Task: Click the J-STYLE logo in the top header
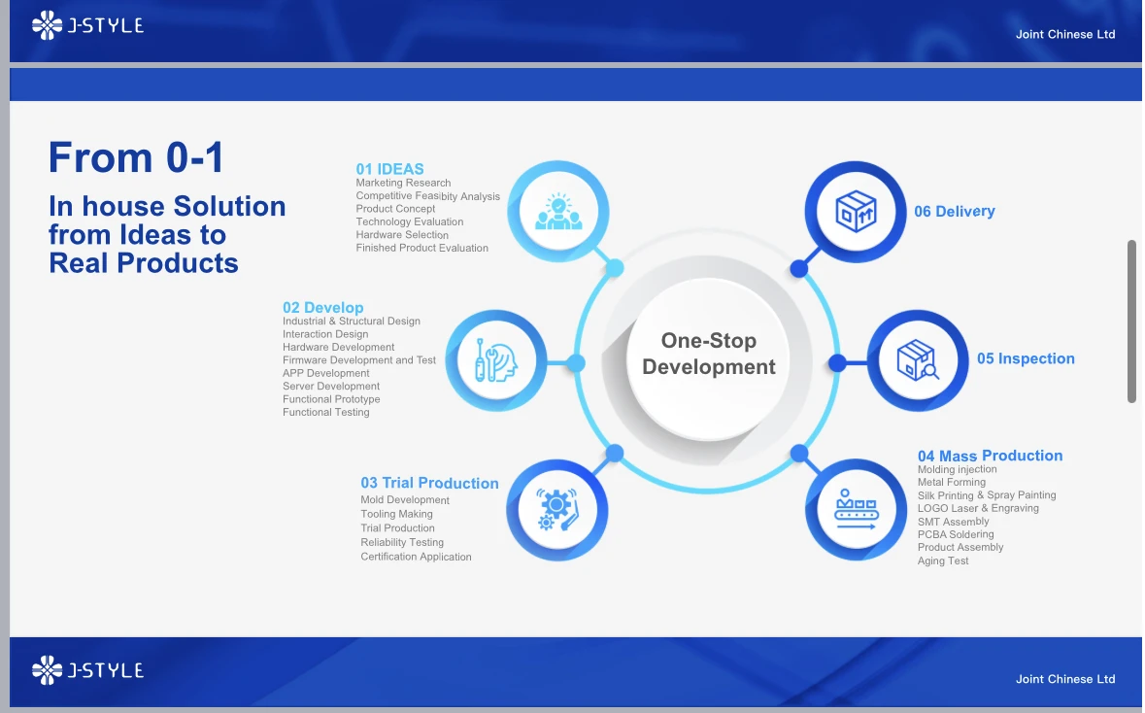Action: (x=87, y=25)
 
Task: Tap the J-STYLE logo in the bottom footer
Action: (x=87, y=670)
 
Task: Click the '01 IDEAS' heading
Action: (x=390, y=169)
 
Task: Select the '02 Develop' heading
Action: (x=322, y=308)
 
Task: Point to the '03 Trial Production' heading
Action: (x=429, y=483)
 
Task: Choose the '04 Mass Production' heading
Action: (x=991, y=456)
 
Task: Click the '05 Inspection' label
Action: (x=1026, y=358)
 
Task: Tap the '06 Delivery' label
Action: (x=955, y=211)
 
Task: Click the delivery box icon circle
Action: (x=855, y=212)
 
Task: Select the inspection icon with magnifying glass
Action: (x=918, y=361)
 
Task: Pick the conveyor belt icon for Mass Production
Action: (x=856, y=510)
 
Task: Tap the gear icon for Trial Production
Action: (x=557, y=510)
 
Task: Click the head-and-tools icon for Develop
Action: (x=496, y=361)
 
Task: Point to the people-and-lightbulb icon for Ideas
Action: (x=558, y=211)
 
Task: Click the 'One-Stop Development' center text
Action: (x=708, y=354)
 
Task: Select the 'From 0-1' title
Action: (x=136, y=157)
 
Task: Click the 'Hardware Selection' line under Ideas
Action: (x=402, y=234)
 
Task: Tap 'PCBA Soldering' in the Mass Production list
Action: (x=956, y=534)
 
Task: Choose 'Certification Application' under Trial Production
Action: (x=416, y=557)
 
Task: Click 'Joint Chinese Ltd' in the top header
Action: (x=1065, y=34)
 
